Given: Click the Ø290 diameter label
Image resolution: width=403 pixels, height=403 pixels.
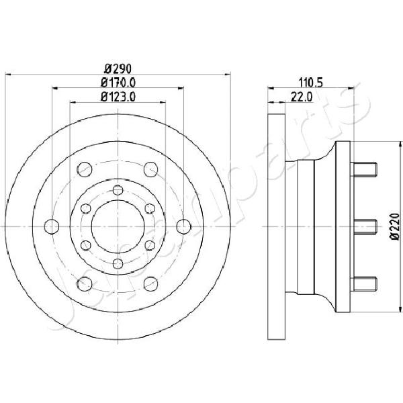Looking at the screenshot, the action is point(118,69).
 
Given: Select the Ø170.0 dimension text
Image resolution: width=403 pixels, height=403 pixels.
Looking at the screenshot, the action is point(118,83).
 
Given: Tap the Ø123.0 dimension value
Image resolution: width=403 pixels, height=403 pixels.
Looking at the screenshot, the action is point(118,97).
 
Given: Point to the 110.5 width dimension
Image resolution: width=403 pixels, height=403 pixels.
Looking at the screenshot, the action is point(310,83).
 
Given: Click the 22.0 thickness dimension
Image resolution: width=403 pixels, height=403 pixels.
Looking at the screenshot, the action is point(301,97).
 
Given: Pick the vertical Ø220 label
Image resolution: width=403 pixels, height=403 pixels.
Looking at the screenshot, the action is point(395,227).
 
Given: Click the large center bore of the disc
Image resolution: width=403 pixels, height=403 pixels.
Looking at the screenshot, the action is point(118,226).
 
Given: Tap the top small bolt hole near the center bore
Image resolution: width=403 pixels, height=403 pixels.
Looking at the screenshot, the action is point(118,190).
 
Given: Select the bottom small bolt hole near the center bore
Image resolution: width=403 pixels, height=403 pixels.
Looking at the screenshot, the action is point(118,263).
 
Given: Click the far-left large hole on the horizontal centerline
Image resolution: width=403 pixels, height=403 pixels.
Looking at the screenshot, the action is point(52,227).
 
